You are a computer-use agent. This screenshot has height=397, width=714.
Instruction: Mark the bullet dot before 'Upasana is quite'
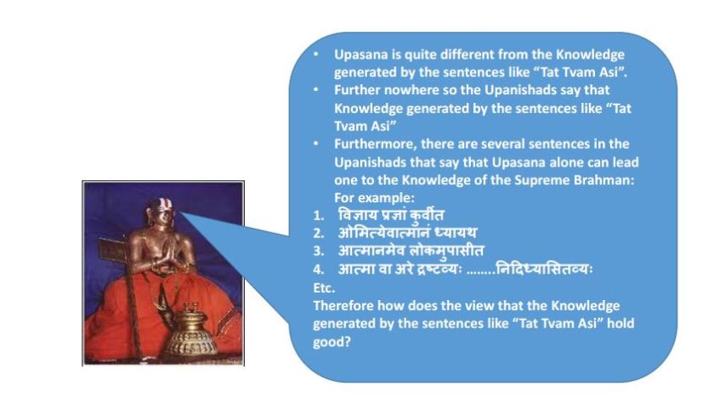point(315,54)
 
